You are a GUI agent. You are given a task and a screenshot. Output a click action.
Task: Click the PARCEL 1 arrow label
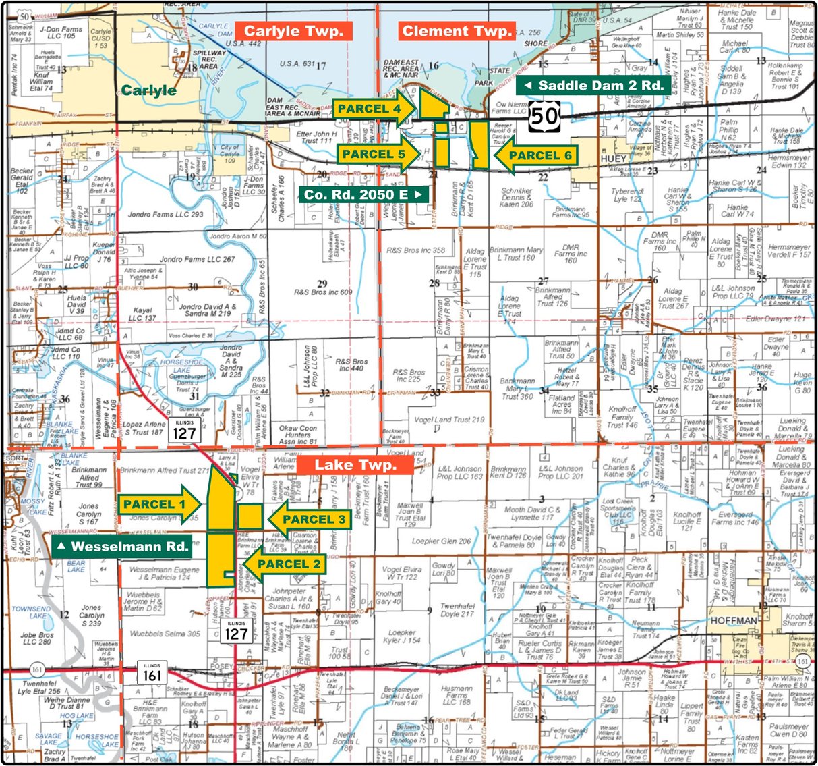coord(160,504)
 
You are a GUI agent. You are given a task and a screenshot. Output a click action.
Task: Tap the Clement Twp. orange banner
coord(457,31)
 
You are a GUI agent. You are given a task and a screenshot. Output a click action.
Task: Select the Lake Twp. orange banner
coord(355,464)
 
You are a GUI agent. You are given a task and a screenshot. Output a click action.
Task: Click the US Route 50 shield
coord(544,116)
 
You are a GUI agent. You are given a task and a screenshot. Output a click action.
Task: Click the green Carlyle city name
coord(149,90)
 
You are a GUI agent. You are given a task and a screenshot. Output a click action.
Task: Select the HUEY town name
coord(613,159)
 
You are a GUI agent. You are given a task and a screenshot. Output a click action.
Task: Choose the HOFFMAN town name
coord(734,620)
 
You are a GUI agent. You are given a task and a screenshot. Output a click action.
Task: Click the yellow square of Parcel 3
coord(250,516)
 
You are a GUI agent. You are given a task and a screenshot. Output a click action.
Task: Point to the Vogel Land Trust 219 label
coord(450,420)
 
